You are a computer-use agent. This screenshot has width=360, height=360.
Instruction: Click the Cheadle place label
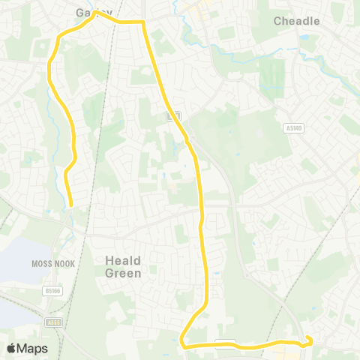[x=296, y=21]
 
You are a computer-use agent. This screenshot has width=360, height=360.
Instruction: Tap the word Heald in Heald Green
[x=122, y=260]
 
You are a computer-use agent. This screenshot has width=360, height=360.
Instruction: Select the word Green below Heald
[x=122, y=274]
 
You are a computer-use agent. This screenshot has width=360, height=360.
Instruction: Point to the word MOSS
[x=41, y=264]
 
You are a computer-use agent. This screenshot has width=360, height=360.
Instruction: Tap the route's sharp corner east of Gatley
[x=143, y=23]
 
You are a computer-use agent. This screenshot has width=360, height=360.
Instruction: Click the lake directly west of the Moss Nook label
[x=15, y=262]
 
